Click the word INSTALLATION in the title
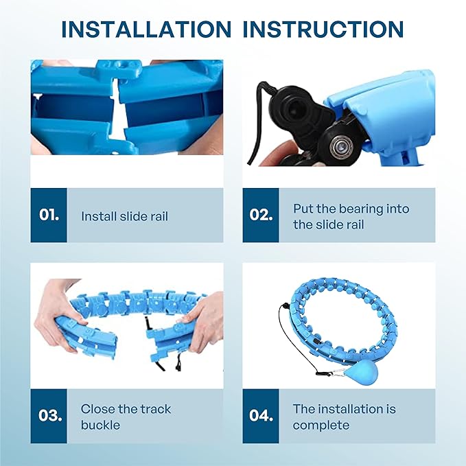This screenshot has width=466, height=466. click(x=146, y=30)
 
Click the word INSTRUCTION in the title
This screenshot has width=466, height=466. click(x=323, y=30)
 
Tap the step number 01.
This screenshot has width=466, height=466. click(x=49, y=215)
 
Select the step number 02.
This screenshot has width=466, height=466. click(x=261, y=215)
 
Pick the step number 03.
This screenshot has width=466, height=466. click(x=50, y=415)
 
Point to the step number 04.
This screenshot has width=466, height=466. click(x=261, y=415)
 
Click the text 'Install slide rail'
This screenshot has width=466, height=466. click(x=124, y=216)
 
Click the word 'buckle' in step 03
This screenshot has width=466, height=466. click(x=100, y=425)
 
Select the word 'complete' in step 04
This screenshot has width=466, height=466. click(x=321, y=426)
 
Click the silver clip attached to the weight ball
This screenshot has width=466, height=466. click(x=339, y=371)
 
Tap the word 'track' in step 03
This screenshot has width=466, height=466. click(x=155, y=409)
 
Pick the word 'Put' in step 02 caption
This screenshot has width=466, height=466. click(x=303, y=209)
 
